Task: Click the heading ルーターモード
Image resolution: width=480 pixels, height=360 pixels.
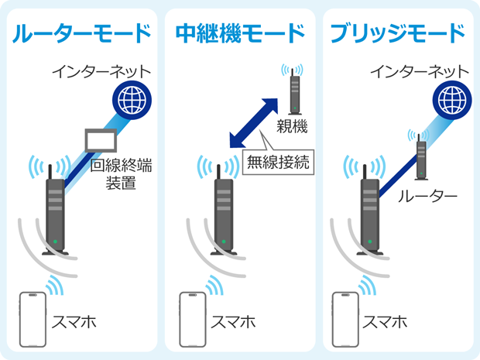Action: point(81,34)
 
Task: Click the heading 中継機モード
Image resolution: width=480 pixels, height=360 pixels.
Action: point(240,34)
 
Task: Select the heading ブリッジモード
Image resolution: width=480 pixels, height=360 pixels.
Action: point(397,34)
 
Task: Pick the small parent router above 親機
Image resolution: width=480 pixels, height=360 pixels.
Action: point(293,91)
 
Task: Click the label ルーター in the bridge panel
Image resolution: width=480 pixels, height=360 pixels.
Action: point(428,197)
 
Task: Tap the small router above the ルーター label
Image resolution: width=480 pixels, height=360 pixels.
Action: point(420,156)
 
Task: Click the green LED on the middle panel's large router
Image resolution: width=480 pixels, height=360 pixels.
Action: point(222,242)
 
